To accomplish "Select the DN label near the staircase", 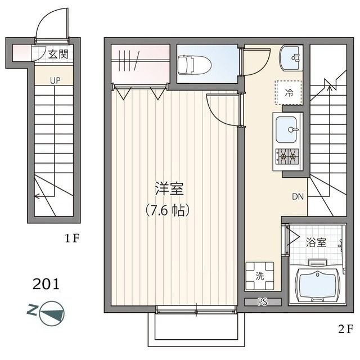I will point(298,197).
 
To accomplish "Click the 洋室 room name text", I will point(169,190).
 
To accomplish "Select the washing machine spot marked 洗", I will point(260,276).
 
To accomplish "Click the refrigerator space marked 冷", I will point(289,92).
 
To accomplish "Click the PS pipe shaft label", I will point(262,302).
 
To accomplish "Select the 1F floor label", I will point(71,238).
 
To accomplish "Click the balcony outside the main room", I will point(197,329).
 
